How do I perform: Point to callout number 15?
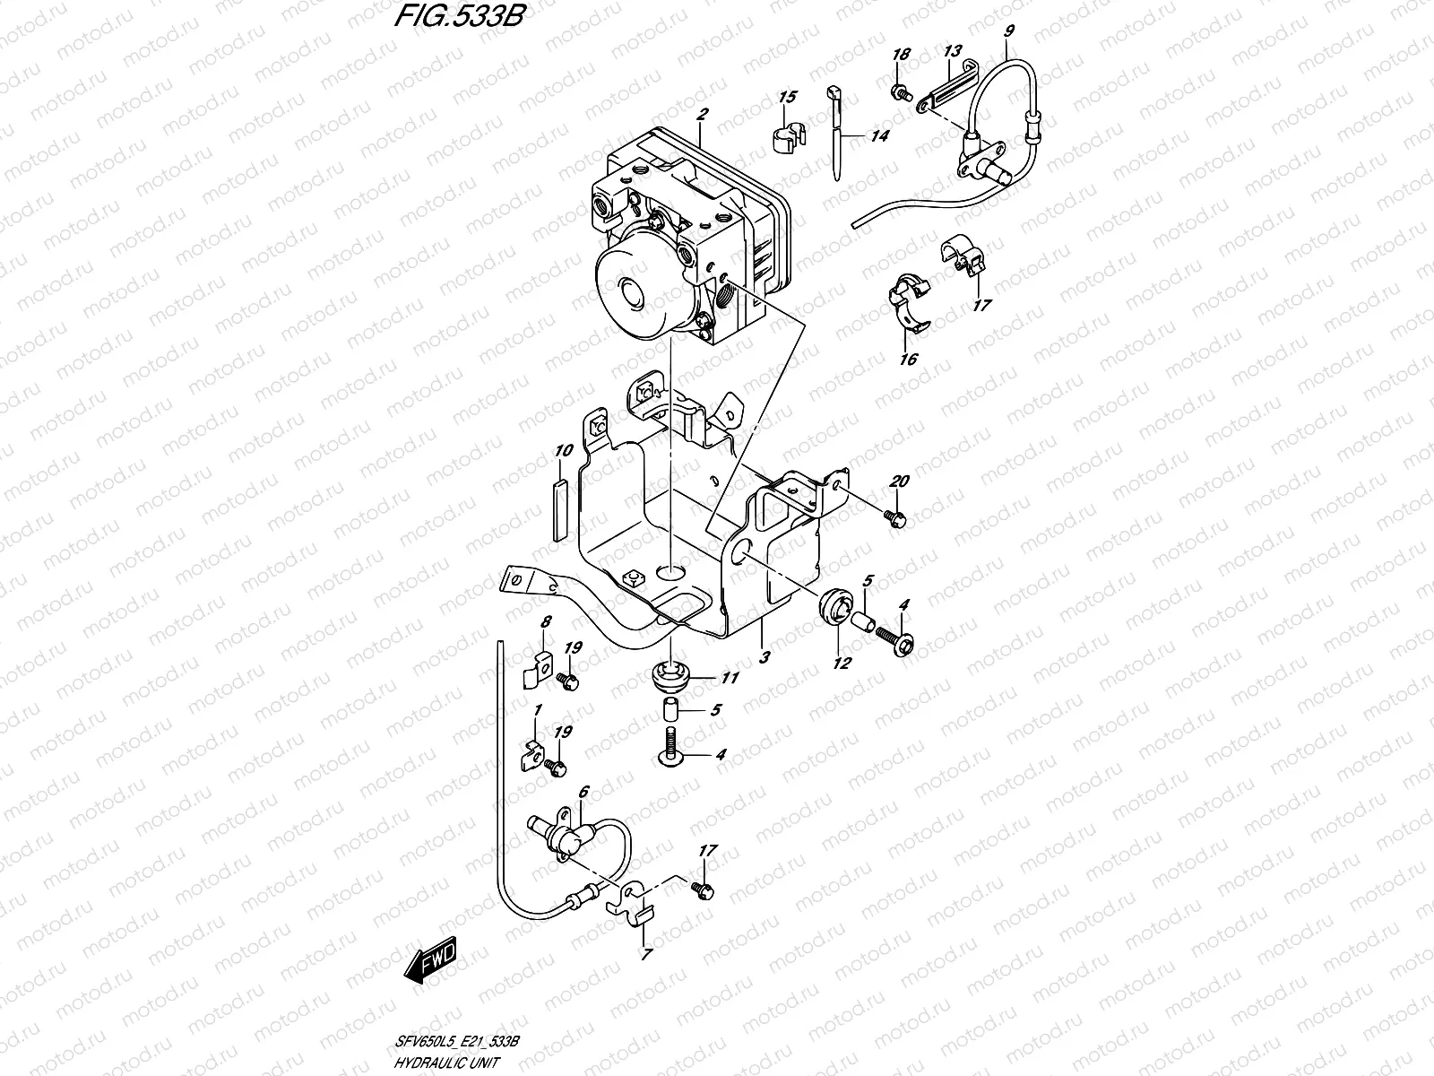787,97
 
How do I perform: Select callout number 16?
909,359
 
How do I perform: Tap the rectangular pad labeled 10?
560,508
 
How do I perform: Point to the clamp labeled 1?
532,759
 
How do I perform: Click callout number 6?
583,793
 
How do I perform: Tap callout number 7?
646,954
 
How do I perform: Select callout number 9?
1009,31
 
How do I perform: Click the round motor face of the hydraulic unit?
630,292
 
